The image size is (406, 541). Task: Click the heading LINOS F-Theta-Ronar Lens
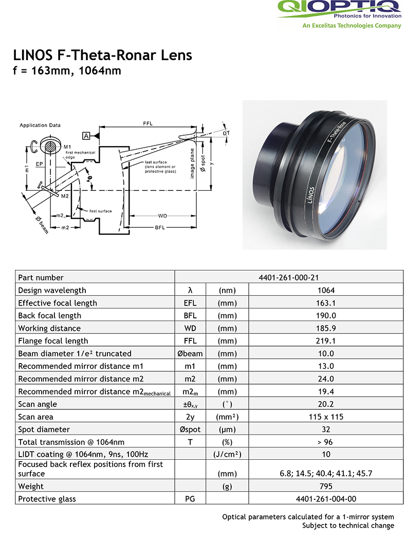pos(103,55)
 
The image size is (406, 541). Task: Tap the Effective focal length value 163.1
pos(326,303)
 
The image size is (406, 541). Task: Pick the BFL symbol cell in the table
pos(190,316)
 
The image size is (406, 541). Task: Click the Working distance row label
pos(49,328)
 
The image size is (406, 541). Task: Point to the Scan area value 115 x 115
pos(326,417)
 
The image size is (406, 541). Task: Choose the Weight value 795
pos(326,486)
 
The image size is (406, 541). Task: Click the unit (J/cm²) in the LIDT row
pos(227,455)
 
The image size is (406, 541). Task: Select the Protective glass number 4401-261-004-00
pos(326,499)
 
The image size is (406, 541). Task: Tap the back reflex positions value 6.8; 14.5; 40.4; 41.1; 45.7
pos(326,474)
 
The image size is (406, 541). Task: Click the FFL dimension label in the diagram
pos(147,123)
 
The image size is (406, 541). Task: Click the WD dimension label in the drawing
pos(162,215)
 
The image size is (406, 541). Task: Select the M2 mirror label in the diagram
pos(65,196)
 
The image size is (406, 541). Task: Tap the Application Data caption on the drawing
pos(40,125)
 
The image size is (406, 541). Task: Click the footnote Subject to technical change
pos(348,526)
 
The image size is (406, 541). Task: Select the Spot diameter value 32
pos(326,429)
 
